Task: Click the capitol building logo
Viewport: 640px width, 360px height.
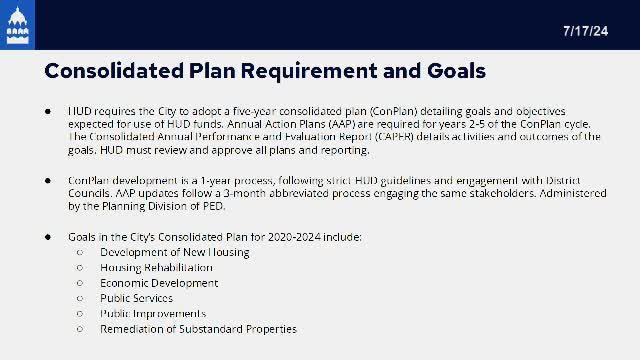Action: (x=18, y=25)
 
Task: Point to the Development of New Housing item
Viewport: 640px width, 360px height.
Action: (x=174, y=252)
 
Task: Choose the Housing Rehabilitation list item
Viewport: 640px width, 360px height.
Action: (x=156, y=268)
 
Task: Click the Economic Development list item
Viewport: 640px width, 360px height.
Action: (x=158, y=283)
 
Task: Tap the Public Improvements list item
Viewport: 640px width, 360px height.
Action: (x=151, y=313)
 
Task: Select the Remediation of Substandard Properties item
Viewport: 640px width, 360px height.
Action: (x=198, y=329)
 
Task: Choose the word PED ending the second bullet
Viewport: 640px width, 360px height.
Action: (x=218, y=207)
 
